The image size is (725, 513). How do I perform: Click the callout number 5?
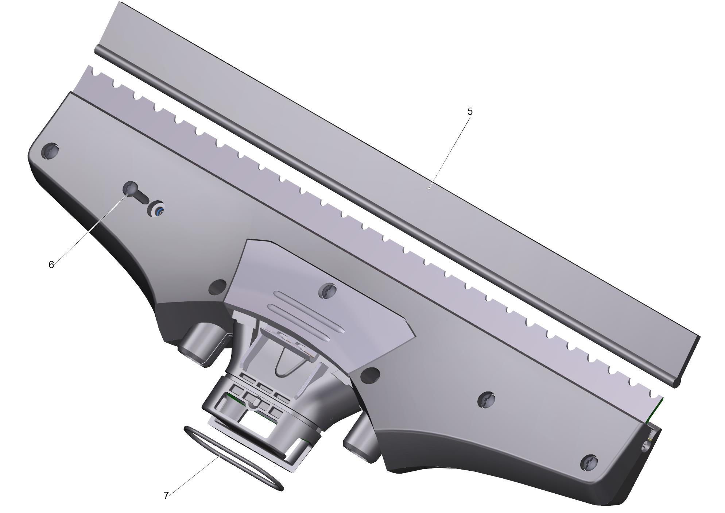pos(470,112)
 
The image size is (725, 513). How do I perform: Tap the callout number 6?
pos(51,265)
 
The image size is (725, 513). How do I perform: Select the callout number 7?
pos(166,495)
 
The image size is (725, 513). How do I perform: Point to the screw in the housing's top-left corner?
pos(50,150)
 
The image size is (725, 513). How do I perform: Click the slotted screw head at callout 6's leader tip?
pos(130,188)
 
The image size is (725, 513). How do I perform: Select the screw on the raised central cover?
pos(327,291)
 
